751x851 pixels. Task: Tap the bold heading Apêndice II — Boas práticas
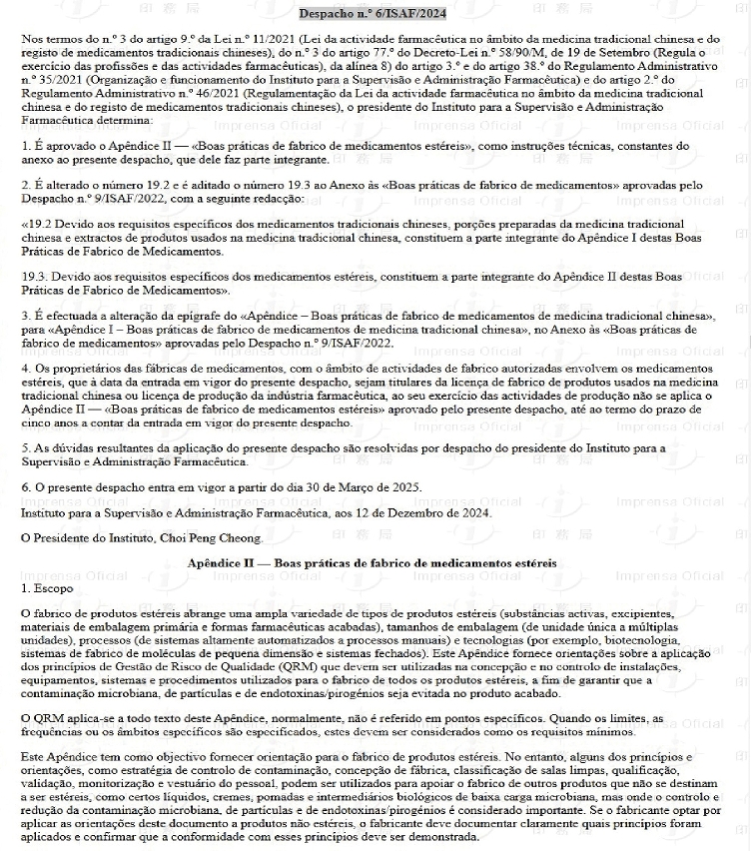pyautogui.click(x=373, y=563)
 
